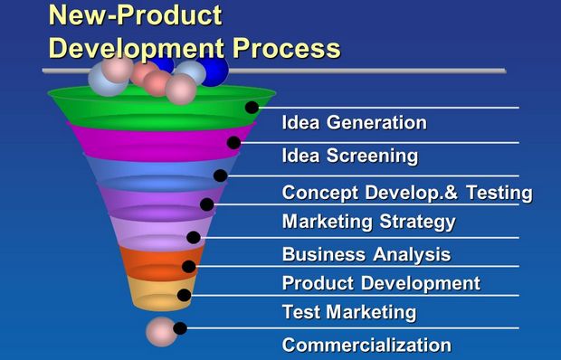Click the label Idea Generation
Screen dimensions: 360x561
pyautogui.click(x=354, y=123)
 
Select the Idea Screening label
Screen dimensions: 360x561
pyautogui.click(x=349, y=156)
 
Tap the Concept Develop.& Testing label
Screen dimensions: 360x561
pyautogui.click(x=406, y=193)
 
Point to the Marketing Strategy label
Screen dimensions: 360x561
pyautogui.click(x=368, y=222)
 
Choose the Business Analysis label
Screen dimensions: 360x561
pyautogui.click(x=366, y=254)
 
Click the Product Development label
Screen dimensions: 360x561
pyautogui.click(x=380, y=283)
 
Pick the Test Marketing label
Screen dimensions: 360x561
pyautogui.click(x=348, y=312)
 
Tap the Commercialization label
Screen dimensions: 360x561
pyautogui.click(x=366, y=345)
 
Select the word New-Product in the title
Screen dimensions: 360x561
pyautogui.click(x=135, y=15)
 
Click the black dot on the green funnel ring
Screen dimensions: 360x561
pyautogui.click(x=252, y=108)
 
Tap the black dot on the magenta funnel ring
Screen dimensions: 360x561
pyautogui.click(x=234, y=142)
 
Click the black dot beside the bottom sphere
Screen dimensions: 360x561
pyautogui.click(x=180, y=328)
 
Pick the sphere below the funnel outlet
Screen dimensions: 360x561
pyautogui.click(x=160, y=332)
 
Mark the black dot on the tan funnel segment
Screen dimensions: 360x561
pyautogui.click(x=185, y=295)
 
